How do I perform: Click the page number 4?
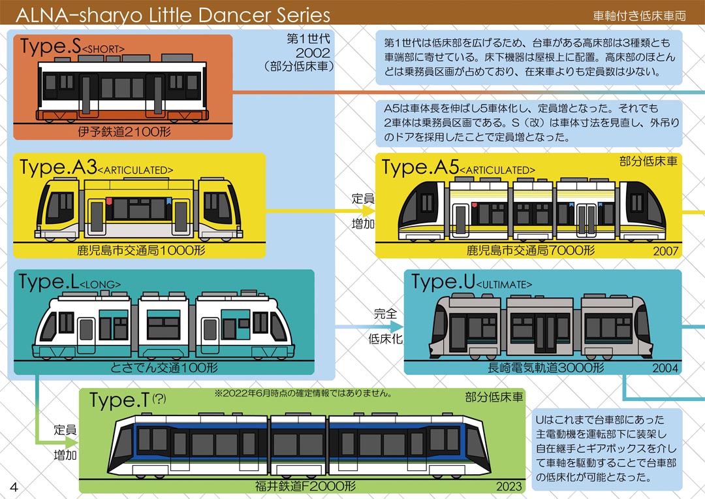click(13, 486)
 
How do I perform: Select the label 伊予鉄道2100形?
click(122, 132)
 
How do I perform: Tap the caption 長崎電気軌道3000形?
click(546, 368)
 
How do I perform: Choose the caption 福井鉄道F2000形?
click(305, 486)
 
